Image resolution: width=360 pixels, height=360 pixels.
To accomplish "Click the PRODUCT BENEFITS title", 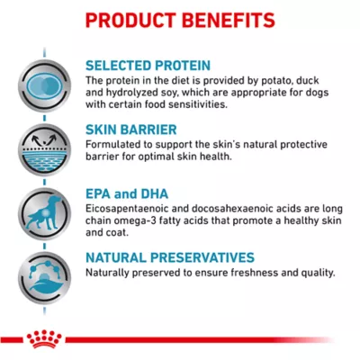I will [x=180, y=20].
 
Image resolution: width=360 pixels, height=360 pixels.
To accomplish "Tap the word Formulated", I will [x=114, y=145].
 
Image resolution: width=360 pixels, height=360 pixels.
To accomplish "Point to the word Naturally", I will [x=110, y=273].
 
